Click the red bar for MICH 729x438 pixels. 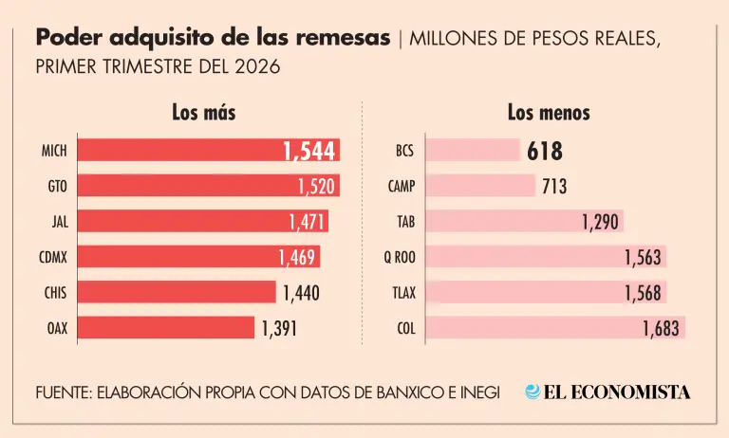(209, 150)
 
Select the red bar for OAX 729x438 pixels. (166, 327)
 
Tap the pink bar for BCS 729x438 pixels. (473, 150)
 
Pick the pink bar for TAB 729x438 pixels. (524, 221)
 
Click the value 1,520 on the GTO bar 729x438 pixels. (316, 186)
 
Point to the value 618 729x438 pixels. (545, 152)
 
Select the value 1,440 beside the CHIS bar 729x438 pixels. (301, 293)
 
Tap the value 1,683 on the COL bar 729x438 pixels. (661, 328)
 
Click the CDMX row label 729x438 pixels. (53, 257)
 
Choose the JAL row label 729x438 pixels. (60, 222)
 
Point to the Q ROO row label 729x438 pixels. (400, 257)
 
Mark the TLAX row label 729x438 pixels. (404, 293)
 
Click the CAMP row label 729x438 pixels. (402, 186)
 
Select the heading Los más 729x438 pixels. (204, 113)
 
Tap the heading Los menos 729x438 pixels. (549, 113)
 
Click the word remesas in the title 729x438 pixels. (343, 38)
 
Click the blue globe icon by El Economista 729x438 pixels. (533, 392)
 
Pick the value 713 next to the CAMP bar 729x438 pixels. (554, 186)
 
